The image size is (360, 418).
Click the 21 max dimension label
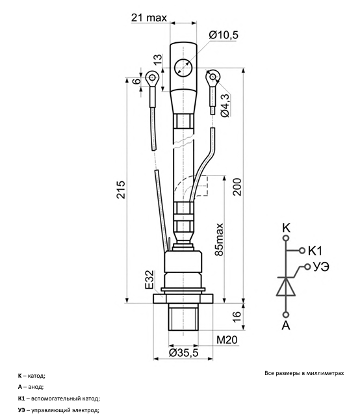[149, 18]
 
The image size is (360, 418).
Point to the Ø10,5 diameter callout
[224, 35]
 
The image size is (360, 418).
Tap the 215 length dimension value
[121, 190]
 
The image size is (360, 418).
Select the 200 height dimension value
[237, 187]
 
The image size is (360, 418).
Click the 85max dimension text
[219, 239]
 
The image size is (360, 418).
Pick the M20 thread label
[227, 340]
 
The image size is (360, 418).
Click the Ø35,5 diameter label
[184, 352]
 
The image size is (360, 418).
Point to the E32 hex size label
[149, 280]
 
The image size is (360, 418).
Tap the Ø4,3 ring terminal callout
[225, 105]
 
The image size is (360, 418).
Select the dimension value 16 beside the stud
[237, 317]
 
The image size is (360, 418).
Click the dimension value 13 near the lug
[157, 59]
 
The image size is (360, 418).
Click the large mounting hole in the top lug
[183, 68]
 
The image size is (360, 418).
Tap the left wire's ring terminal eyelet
[152, 77]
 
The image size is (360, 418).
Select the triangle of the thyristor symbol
[286, 287]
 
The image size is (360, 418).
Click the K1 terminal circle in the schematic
[302, 250]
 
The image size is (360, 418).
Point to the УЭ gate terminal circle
[307, 267]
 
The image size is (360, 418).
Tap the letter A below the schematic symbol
[286, 326]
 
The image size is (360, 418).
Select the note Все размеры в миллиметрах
[304, 373]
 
